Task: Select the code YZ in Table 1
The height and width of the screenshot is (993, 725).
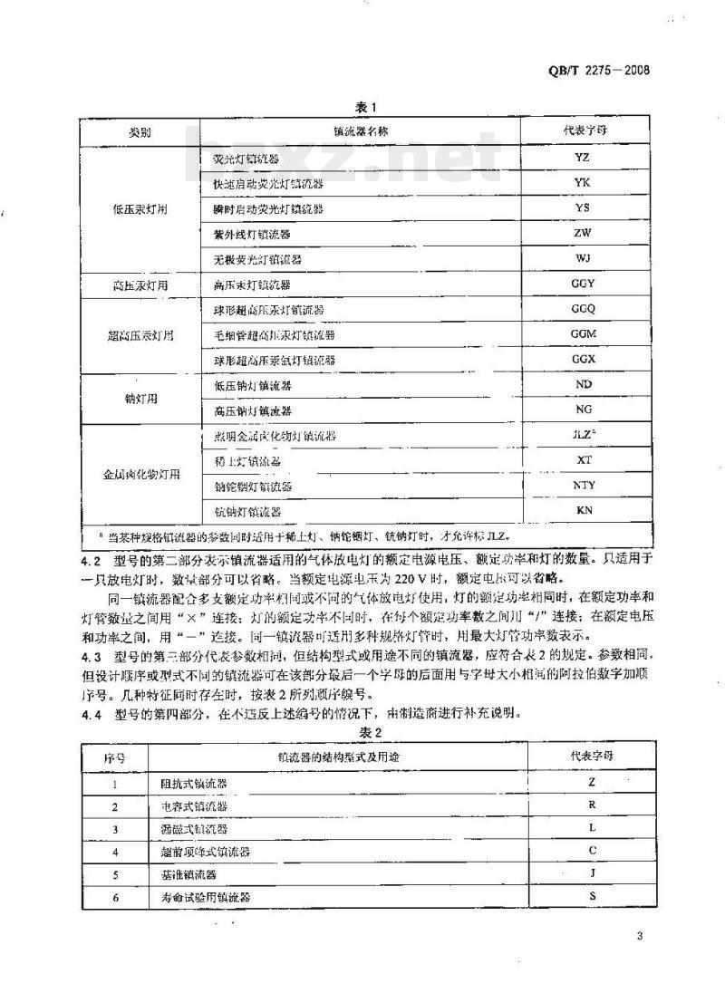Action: (x=584, y=157)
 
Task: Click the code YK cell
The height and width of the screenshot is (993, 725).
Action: (x=584, y=182)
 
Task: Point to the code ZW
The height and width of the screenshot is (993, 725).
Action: (x=584, y=233)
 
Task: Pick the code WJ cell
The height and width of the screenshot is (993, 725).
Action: (x=584, y=258)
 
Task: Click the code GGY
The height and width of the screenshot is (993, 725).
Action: (x=584, y=284)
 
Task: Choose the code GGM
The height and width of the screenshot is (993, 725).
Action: (x=584, y=334)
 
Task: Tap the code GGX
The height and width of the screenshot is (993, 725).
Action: (x=584, y=360)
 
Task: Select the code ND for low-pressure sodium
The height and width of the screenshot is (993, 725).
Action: (x=584, y=385)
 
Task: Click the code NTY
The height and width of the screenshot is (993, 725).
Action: (x=584, y=486)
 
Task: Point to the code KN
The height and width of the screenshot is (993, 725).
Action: (x=584, y=511)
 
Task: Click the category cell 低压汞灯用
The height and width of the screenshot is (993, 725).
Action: (x=140, y=208)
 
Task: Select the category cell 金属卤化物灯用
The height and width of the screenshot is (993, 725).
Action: (x=140, y=474)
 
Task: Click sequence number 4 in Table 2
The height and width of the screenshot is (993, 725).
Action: (x=115, y=852)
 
